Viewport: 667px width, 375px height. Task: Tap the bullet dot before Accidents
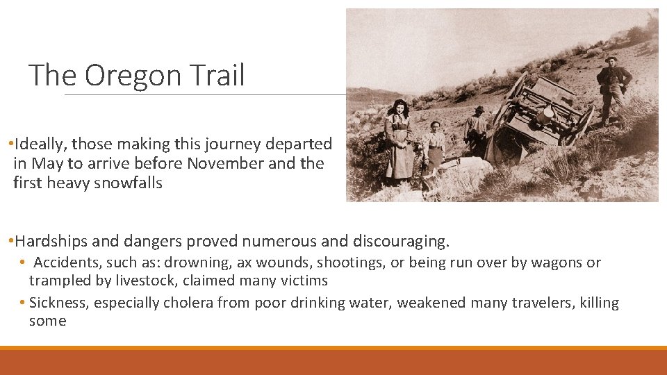click(23, 263)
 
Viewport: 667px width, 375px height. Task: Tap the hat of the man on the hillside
click(611, 59)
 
